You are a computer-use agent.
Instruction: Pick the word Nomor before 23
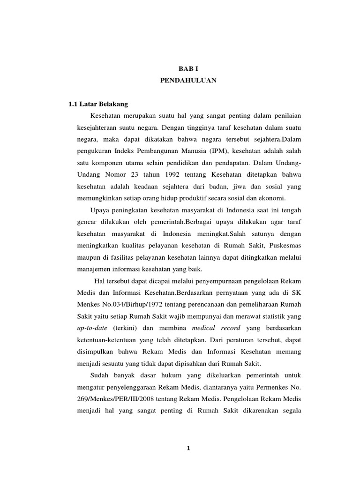[114, 174]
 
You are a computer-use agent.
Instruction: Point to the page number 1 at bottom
[188, 448]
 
